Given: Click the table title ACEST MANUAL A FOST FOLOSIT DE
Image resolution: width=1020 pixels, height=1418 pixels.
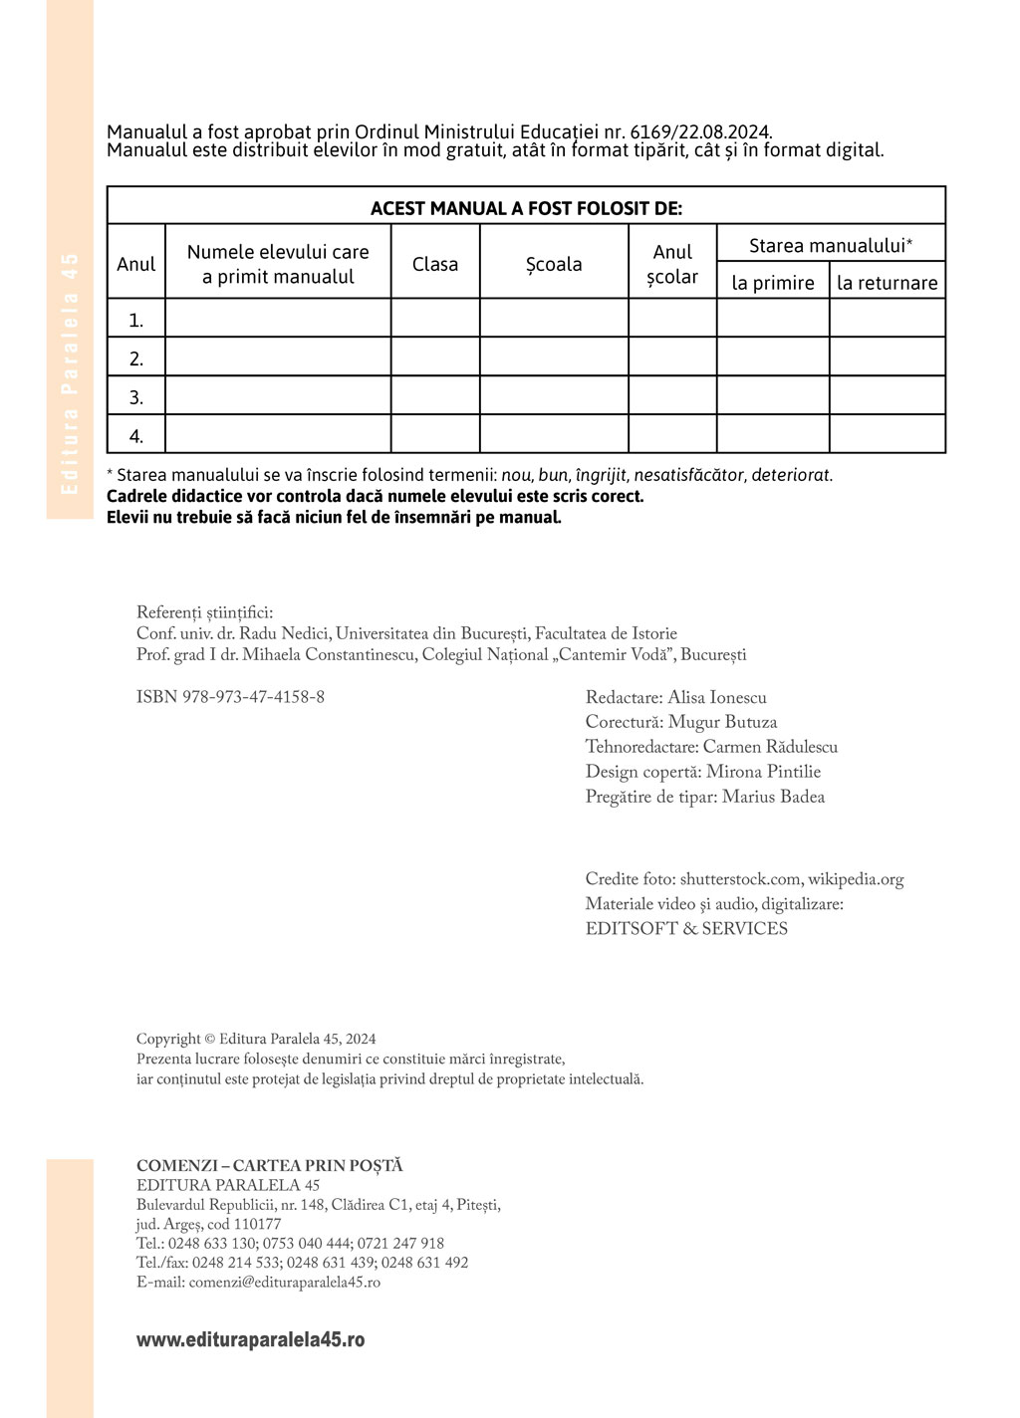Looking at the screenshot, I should (526, 208).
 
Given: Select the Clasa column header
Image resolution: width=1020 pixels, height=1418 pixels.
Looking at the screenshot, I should (435, 264).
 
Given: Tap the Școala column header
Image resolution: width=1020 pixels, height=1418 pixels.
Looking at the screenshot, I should (554, 264).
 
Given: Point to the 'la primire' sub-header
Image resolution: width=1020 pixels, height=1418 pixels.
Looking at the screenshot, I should (773, 283).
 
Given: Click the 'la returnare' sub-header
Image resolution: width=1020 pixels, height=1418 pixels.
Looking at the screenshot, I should (887, 283).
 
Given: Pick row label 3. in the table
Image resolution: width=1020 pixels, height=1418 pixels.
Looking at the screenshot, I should (136, 397).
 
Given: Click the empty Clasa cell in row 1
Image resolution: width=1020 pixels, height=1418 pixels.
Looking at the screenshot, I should (435, 319).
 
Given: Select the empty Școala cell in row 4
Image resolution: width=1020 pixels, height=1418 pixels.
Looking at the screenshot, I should (554, 434).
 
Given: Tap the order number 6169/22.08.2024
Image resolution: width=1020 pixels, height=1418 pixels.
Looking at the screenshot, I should (700, 131).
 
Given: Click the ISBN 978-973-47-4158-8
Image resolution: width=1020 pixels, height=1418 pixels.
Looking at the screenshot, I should (230, 697).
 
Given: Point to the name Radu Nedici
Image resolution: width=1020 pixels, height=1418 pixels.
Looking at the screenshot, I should (284, 634).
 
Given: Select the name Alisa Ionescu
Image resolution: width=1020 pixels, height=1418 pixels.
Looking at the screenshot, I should (717, 698).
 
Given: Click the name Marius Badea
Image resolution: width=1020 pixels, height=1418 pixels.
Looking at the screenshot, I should (773, 797).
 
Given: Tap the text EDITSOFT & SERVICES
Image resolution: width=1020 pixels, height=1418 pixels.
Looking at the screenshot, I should (686, 928).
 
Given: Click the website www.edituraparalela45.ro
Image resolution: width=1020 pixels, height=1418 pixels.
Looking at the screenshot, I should (250, 1339).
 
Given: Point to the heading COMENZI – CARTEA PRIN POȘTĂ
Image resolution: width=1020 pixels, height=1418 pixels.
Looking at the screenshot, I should (270, 1165).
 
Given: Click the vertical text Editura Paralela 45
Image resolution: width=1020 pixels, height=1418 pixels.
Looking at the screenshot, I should (70, 373).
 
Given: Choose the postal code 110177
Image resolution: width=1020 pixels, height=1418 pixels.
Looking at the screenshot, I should (258, 1224).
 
